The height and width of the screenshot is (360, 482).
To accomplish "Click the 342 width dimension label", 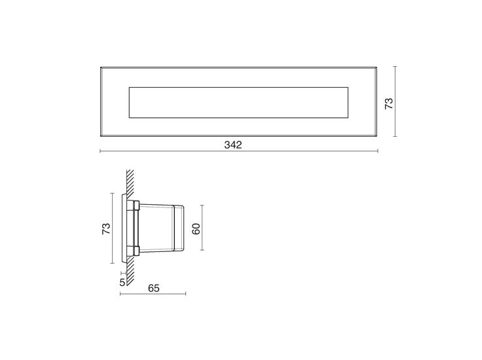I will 233,145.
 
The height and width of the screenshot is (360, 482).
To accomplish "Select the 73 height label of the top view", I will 388,102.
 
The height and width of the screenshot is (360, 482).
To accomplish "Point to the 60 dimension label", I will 195,228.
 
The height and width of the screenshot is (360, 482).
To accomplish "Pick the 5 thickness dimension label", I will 122,282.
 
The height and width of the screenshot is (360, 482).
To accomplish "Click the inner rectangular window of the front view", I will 239,102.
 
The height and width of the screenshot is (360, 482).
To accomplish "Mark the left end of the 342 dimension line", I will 100,151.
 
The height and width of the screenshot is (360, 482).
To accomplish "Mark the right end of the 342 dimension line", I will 378,151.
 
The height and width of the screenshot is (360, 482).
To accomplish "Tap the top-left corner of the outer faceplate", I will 100,67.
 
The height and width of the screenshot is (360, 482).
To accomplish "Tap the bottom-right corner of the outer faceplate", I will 377,137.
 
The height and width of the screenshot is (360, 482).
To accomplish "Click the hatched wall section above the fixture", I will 130,183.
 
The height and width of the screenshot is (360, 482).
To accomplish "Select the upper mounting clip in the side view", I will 135,207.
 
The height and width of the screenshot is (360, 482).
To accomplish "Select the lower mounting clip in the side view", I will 135,249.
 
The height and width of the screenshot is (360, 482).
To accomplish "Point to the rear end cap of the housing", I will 179,228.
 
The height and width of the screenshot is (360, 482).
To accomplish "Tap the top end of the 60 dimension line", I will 204,205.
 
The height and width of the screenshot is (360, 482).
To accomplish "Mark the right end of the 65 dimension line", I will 186,295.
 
